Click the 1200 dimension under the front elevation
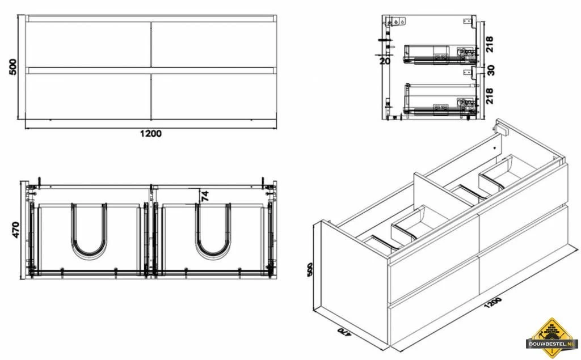tap(150, 134)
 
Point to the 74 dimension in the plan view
tap(205, 196)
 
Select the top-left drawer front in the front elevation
tap(89, 44)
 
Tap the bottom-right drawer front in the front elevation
tap(213, 96)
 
